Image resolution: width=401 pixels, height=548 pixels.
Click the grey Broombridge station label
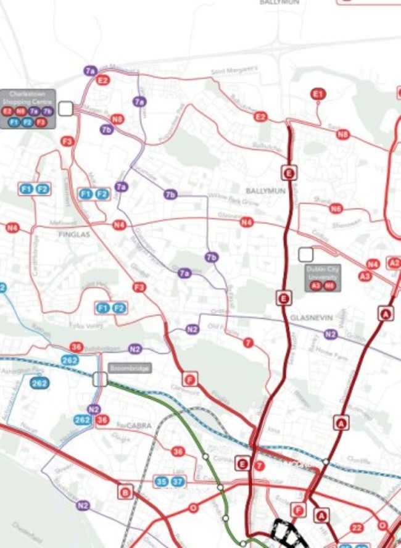pos(129,368)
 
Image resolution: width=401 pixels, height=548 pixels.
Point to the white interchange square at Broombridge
pos(100,379)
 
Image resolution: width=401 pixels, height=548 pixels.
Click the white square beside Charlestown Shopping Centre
pos(66,109)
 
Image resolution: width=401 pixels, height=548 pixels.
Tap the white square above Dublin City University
pos(305,254)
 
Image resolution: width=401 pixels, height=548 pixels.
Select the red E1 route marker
pos(318,94)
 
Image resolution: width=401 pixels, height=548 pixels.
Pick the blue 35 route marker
pos(162,481)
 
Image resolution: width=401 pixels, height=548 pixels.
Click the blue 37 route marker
pos(178,481)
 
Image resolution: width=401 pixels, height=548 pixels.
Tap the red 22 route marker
pos(357,528)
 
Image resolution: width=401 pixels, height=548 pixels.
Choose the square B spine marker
pos(125,491)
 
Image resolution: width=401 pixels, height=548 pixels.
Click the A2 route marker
pos(394,263)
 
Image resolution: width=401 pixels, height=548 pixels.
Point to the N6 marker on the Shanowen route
pos(336,209)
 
